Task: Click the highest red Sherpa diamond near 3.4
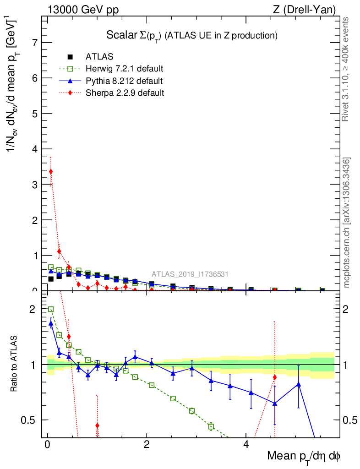(51, 172)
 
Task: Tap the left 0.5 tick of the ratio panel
(33, 420)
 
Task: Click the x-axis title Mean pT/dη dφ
(304, 456)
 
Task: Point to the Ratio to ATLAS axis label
(14, 365)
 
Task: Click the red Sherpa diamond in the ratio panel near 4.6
(274, 377)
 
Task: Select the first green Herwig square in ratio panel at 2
(51, 310)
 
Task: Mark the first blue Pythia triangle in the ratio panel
(51, 323)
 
